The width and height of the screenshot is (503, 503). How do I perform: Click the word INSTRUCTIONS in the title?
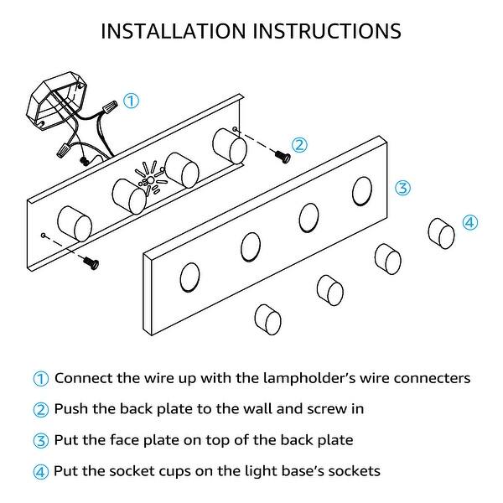[326, 31]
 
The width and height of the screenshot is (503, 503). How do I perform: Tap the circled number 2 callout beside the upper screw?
[299, 144]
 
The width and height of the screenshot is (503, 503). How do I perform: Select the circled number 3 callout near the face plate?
[402, 188]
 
